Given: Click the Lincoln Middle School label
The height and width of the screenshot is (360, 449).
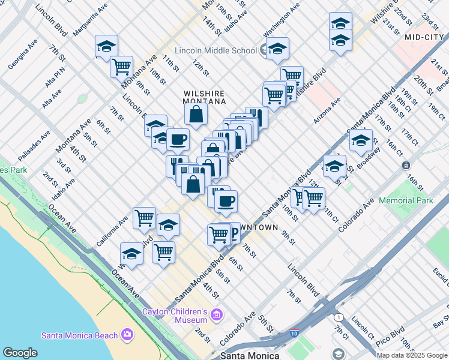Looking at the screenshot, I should [216, 50].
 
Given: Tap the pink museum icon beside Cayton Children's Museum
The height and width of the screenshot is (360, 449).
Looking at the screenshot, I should [217, 314].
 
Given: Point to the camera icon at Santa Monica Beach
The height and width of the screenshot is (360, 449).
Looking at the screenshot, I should [127, 334].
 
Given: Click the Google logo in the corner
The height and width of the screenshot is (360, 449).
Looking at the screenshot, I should [20, 353].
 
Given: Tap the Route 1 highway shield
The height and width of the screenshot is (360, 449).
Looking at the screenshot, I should [339, 316].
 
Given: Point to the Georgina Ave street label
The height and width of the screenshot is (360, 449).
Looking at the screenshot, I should [23, 54].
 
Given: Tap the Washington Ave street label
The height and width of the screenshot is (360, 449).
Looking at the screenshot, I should [281, 19].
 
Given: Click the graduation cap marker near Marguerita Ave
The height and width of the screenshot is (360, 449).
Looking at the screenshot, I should [106, 46].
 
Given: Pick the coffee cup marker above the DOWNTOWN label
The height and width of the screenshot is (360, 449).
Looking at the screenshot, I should [226, 202].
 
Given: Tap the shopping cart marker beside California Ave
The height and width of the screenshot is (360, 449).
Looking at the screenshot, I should [144, 218].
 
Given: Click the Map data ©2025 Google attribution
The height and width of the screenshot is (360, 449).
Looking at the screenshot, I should [412, 355].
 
